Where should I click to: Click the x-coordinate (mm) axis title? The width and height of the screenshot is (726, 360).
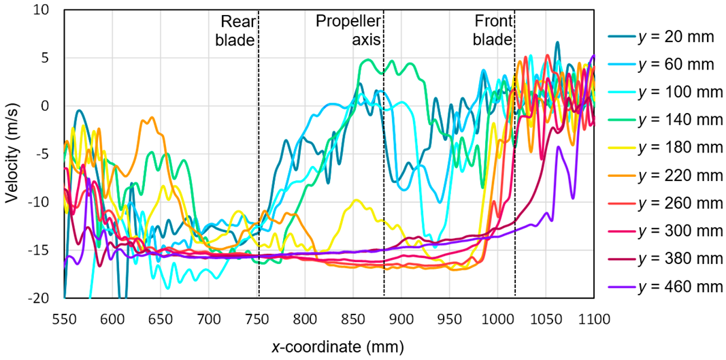[x=329, y=347]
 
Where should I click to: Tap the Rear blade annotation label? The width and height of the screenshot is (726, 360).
[x=235, y=31]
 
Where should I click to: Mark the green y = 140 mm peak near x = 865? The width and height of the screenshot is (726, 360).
[x=368, y=60]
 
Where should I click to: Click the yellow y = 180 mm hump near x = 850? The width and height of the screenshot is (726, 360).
[x=355, y=200]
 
